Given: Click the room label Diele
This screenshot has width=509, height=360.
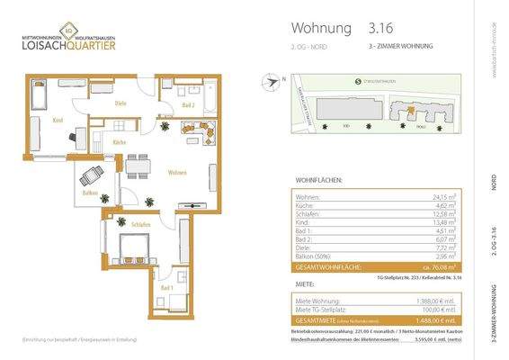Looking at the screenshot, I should pyautogui.click(x=120, y=103).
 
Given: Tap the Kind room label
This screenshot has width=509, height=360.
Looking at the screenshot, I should pyautogui.click(x=56, y=120).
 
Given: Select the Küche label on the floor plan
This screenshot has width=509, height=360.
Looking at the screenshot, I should pyautogui.click(x=118, y=144).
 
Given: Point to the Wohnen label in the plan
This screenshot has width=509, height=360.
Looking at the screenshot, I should pyautogui.click(x=176, y=172).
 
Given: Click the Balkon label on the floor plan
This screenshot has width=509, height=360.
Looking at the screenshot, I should pyautogui.click(x=89, y=193).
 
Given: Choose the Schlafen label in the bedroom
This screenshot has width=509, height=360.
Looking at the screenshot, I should pyautogui.click(x=139, y=222).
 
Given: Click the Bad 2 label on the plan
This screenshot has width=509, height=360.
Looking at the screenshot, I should pyautogui.click(x=187, y=105).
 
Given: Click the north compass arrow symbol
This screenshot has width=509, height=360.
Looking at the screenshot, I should pyautogui.click(x=272, y=82).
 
